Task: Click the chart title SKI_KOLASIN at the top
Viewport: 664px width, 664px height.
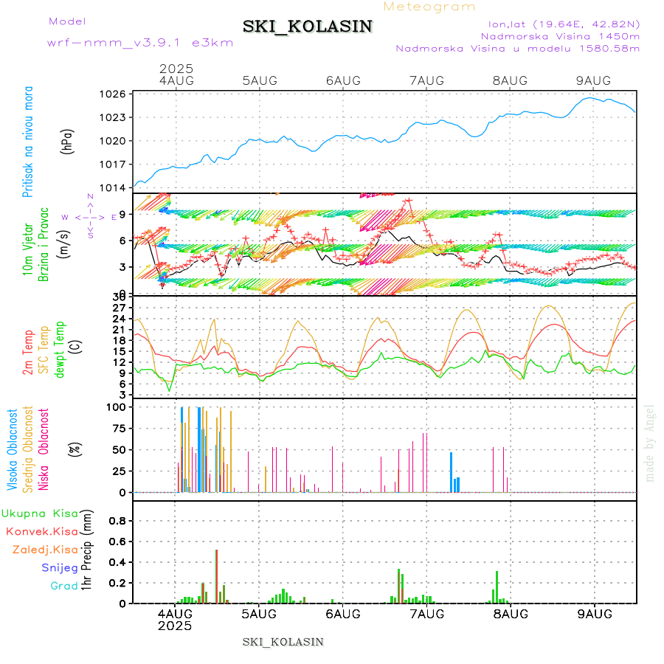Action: (308, 27)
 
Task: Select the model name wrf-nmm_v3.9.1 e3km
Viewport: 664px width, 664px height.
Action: (140, 42)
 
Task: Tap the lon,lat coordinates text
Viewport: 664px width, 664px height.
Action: (558, 24)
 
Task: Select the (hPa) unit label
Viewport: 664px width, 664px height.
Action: (68, 141)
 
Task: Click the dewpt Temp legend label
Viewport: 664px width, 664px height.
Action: (60, 347)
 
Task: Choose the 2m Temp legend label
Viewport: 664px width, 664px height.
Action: (28, 353)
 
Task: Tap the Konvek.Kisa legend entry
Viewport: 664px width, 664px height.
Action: (41, 531)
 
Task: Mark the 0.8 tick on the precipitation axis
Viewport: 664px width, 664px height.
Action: (118, 520)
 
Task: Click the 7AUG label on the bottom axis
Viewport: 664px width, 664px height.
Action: (426, 614)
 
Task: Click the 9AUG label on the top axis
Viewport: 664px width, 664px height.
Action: (594, 80)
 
